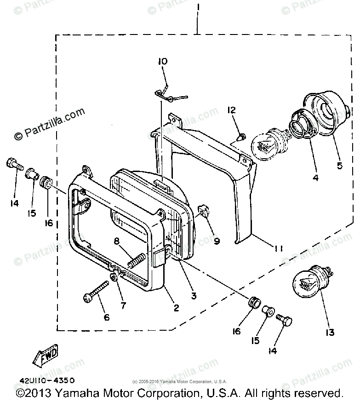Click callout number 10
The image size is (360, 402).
[163, 61]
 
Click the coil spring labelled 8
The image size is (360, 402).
[137, 261]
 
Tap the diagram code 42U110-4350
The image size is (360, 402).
[47, 380]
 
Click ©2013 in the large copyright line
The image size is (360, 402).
[35, 393]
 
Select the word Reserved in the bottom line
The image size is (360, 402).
[319, 393]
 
